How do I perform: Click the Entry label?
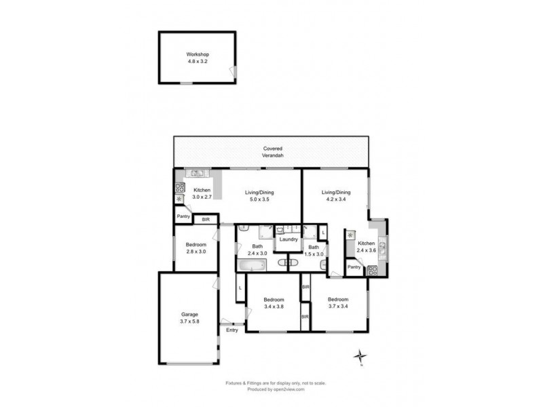(232, 330)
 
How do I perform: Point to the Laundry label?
(289, 239)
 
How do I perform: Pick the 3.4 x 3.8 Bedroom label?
(274, 303)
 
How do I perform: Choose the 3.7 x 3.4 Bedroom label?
(338, 303)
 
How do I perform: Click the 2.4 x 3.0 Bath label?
(257, 250)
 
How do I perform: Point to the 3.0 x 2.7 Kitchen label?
(202, 193)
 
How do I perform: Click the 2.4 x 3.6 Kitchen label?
(366, 246)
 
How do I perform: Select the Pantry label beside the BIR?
(183, 217)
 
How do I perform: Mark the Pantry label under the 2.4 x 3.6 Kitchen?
(354, 267)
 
